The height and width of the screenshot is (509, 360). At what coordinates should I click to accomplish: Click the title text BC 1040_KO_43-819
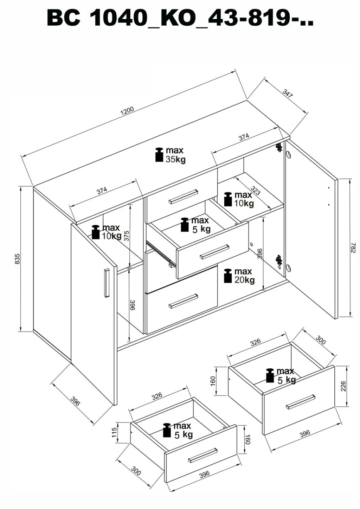[x=180, y=18]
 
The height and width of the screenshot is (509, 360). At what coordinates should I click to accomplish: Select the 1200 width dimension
[x=127, y=111]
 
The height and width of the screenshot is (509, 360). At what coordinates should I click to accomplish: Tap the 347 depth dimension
[x=288, y=93]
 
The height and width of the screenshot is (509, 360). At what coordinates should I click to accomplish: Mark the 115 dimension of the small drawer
[x=114, y=432]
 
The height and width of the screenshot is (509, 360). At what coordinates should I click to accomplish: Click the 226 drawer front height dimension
[x=343, y=386]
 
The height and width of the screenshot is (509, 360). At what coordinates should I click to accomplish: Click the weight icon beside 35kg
[x=159, y=155]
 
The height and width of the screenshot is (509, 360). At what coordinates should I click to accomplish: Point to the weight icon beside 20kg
[x=227, y=276]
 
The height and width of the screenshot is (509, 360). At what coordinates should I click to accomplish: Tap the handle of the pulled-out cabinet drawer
[x=214, y=252]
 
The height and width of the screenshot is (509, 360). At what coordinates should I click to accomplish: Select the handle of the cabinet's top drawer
[x=183, y=196]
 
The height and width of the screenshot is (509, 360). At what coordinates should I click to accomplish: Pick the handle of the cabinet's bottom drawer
[x=183, y=301]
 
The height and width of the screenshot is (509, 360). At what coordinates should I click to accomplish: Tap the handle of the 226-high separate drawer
[x=300, y=401]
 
